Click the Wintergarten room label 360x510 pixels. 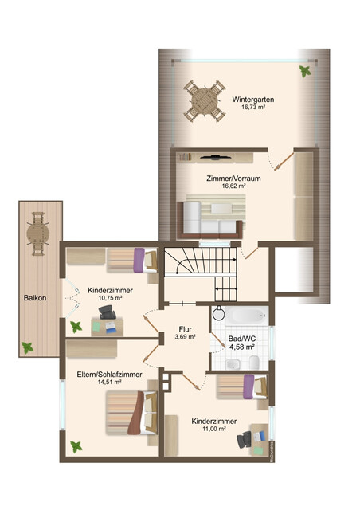point(253,100)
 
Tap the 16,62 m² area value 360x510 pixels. point(233,186)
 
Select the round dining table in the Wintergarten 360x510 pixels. point(205,101)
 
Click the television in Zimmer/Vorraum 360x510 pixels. point(215,158)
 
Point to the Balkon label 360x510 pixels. point(35,297)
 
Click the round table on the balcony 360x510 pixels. point(38,233)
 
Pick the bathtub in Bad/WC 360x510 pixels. point(246,316)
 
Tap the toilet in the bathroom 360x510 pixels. point(254,363)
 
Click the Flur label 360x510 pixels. point(185,329)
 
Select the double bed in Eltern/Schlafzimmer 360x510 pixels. point(131,413)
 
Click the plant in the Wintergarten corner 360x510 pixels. point(305,71)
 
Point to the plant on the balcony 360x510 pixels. point(27,347)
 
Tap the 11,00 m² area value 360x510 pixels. point(214,429)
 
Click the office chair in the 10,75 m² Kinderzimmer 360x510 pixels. point(108,312)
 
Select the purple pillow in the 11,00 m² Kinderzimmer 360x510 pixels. point(248,386)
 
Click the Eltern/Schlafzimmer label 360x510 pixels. point(109,375)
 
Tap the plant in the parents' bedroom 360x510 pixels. point(76,447)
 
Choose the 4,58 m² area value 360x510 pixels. point(241,347)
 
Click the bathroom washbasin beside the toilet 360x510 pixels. point(233,364)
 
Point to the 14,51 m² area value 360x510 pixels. point(110,382)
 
